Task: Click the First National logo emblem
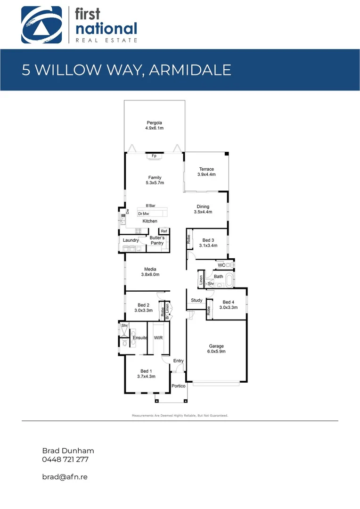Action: click(41, 25)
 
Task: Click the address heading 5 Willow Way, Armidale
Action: click(126, 70)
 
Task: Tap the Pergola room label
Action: click(154, 123)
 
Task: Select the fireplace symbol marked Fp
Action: click(154, 156)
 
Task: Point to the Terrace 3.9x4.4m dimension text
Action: click(206, 175)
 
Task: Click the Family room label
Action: click(155, 178)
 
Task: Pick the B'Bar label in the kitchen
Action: click(151, 206)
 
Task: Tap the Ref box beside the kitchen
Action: click(164, 231)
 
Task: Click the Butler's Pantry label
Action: click(157, 240)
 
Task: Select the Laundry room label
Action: click(131, 240)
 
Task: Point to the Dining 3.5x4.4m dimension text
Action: click(203, 212)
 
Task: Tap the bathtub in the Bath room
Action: click(229, 281)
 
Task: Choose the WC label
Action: click(221, 265)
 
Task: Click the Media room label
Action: click(150, 270)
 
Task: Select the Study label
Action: click(196, 300)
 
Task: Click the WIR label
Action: click(158, 338)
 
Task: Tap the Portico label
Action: click(179, 386)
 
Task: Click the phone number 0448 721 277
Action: click(65, 459)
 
